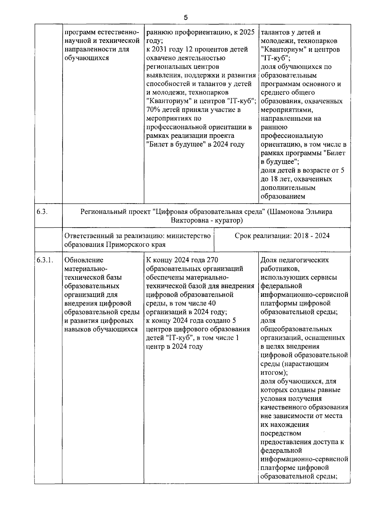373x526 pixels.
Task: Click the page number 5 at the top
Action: click(186, 18)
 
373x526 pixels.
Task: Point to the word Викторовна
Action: click(187, 220)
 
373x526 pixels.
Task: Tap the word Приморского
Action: click(127, 245)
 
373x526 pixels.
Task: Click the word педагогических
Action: click(302, 260)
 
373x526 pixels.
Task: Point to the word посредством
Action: click(281, 433)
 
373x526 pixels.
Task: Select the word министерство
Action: click(187, 236)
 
